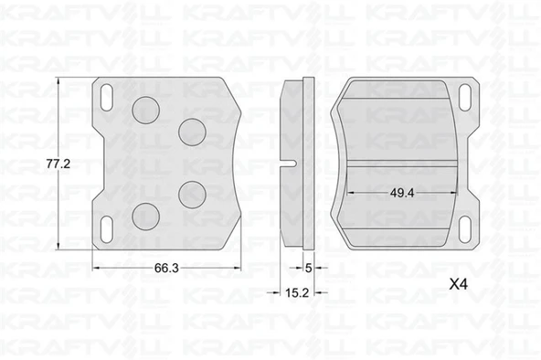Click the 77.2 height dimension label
[x=58, y=164]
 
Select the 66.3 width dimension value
[x=166, y=268]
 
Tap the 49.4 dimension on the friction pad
[x=402, y=193]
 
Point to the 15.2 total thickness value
[x=297, y=292]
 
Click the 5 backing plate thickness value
[x=309, y=268]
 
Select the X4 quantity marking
[x=459, y=284]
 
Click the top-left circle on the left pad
[x=145, y=110]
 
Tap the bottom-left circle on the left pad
[x=145, y=217]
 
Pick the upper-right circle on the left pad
[x=192, y=132]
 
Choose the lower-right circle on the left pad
[x=192, y=195]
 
